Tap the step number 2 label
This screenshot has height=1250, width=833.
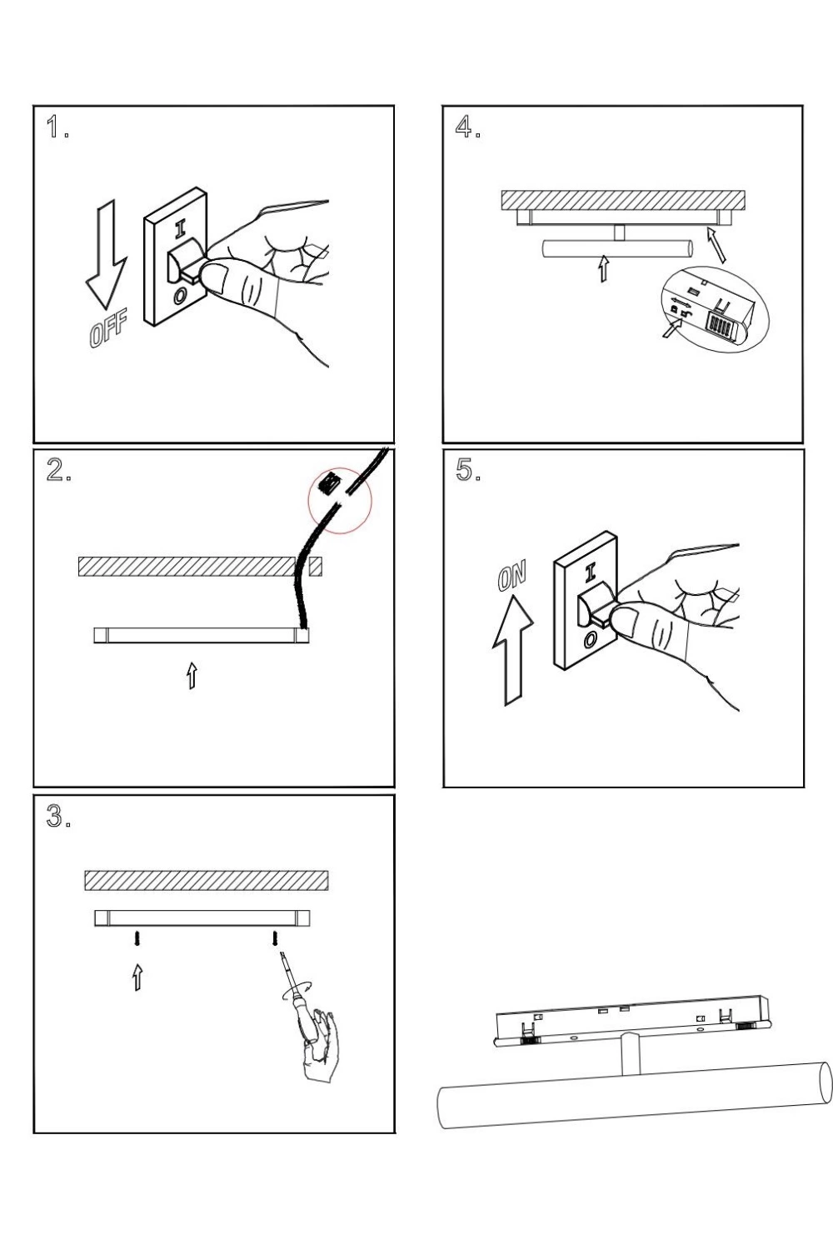(x=57, y=471)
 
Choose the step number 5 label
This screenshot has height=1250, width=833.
(x=467, y=471)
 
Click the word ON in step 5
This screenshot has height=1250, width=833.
(x=512, y=577)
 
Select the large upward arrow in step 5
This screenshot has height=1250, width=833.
(x=512, y=650)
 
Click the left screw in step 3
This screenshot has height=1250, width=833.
(x=137, y=939)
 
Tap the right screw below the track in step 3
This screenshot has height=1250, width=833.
(x=275, y=939)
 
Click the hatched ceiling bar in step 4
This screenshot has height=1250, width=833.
(x=623, y=200)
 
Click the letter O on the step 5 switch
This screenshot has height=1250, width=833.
(x=590, y=639)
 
